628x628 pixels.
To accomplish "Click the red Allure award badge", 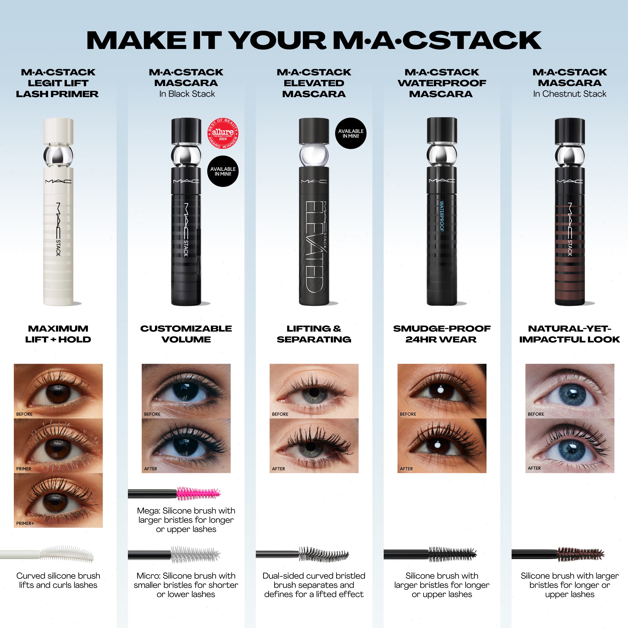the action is (223, 133).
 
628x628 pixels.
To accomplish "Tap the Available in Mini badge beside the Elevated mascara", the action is (351, 133).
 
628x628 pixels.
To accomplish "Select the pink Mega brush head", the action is (198, 493).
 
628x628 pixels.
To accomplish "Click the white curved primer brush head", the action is (67, 554).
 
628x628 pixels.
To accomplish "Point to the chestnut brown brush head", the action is (580, 554).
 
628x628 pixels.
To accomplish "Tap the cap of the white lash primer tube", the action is (59, 130).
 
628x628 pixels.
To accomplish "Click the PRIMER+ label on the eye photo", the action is (25, 523).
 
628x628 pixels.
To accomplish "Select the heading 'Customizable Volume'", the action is (186, 334).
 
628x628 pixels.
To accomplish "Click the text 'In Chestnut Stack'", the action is (569, 94).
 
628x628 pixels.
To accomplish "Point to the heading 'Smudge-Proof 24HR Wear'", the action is (442, 334).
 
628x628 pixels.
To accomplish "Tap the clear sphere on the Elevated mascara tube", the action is (314, 155).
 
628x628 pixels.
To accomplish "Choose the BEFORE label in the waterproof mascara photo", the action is (408, 414).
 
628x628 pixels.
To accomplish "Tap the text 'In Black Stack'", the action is (187, 94).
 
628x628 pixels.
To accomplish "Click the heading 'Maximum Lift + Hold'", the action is (58, 334).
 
